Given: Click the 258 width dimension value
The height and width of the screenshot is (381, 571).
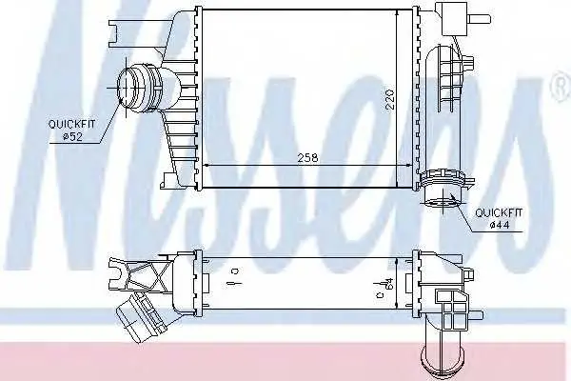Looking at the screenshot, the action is click(307, 157).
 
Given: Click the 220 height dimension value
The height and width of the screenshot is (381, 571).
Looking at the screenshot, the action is click(389, 98).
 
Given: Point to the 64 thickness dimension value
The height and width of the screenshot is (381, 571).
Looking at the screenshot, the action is click(389, 283).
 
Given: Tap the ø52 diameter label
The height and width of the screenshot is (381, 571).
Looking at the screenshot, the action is click(72, 137).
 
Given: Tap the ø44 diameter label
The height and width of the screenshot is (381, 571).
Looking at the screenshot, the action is click(500, 226).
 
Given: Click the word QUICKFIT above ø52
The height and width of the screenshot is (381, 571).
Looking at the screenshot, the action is click(71, 125).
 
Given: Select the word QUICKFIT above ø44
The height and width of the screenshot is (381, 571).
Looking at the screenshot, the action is click(499, 212).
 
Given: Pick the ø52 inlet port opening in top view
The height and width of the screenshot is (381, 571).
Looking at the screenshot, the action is click(125, 88).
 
